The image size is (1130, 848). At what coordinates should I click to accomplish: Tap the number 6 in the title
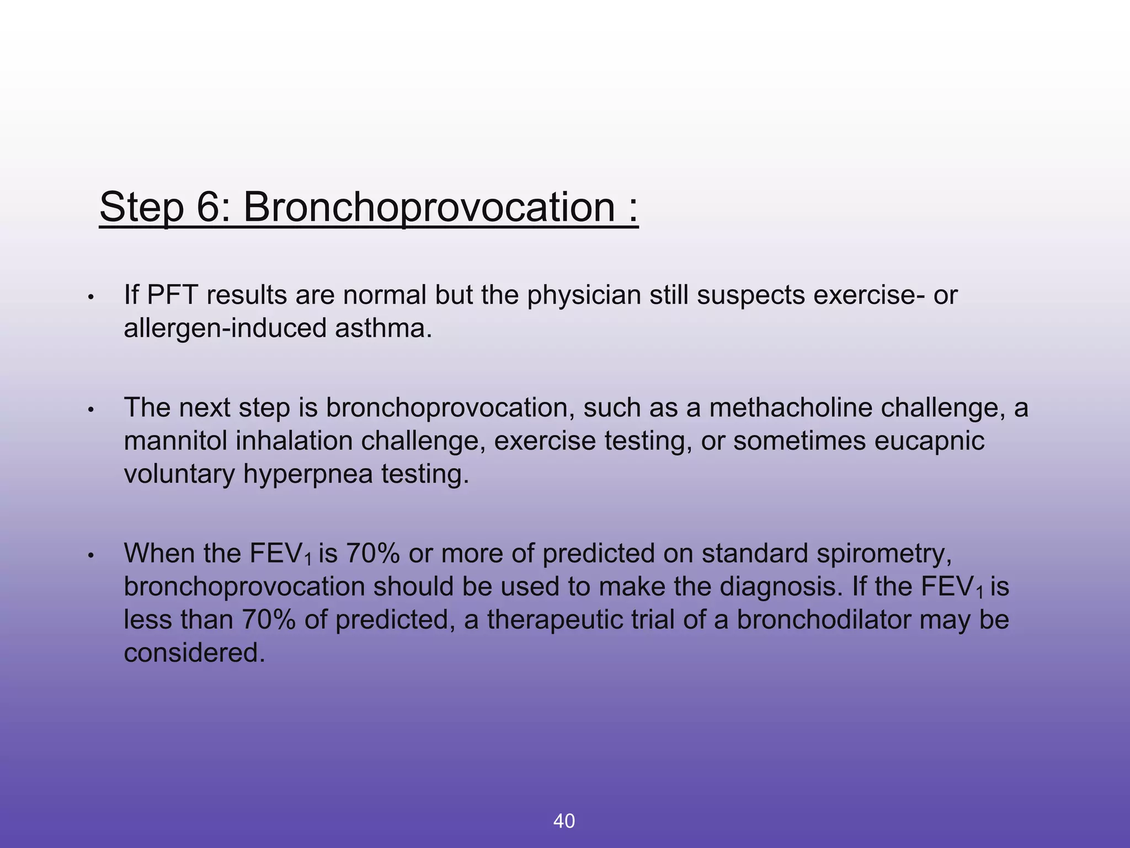(209, 208)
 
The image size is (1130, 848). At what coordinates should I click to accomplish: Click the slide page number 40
(564, 821)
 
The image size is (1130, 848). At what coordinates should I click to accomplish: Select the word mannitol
(175, 441)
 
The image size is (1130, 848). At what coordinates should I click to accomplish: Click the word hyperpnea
(308, 474)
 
